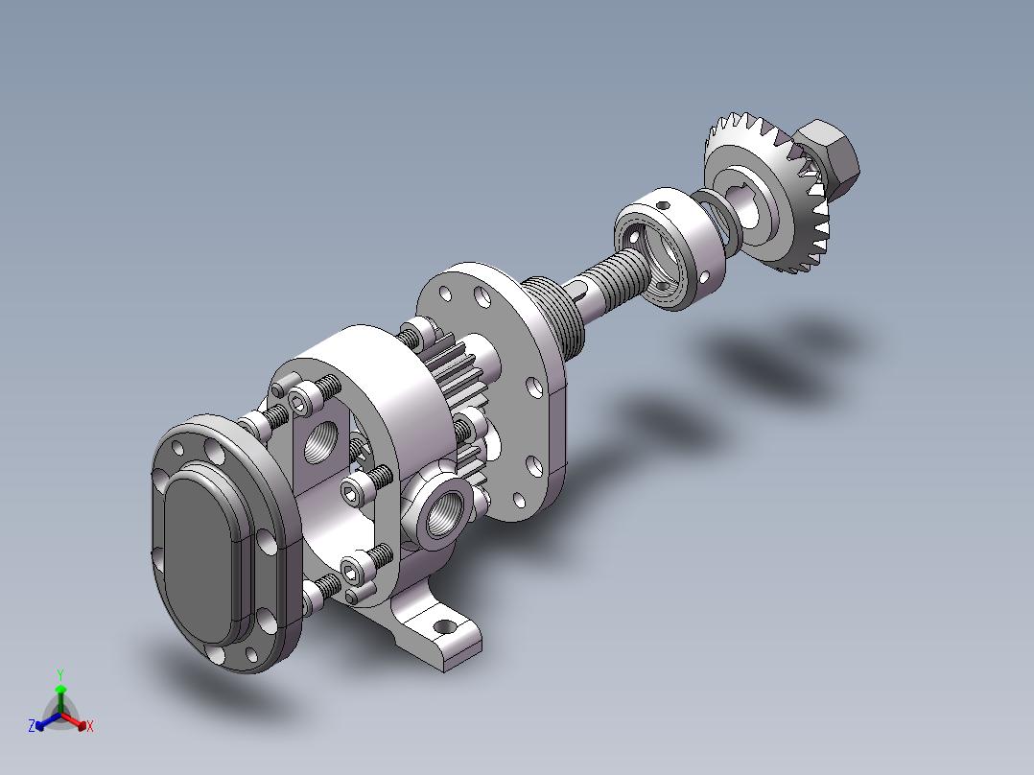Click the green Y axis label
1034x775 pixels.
(x=60, y=673)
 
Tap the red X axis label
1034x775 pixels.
(x=90, y=727)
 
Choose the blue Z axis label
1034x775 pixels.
(x=32, y=727)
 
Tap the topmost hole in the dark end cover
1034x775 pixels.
(x=177, y=448)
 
